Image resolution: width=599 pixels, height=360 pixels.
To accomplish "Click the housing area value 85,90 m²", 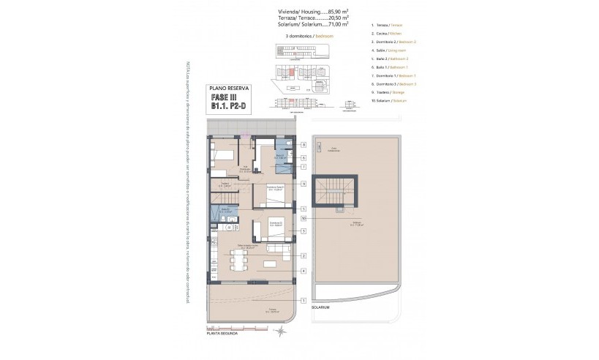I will [x=337, y=12].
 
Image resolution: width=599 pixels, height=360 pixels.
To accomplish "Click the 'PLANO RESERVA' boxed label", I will [x=229, y=87].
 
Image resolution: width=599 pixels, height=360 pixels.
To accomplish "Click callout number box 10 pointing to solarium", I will [x=303, y=218].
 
